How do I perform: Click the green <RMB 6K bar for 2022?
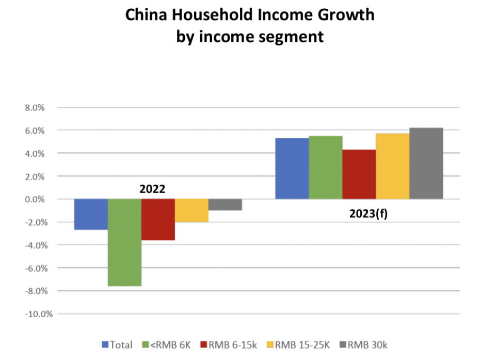[124, 242]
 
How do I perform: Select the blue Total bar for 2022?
[91, 214]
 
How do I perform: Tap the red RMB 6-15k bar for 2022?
[158, 219]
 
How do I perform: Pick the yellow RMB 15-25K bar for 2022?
[191, 210]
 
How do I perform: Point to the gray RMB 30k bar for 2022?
[225, 205]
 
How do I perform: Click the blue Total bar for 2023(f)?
[292, 168]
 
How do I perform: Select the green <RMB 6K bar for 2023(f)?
[326, 167]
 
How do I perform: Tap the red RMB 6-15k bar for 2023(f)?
[359, 174]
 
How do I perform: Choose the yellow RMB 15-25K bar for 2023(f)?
[393, 166]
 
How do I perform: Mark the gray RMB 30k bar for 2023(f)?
[426, 163]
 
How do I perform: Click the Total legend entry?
[118, 345]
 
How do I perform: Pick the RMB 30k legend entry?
[367, 345]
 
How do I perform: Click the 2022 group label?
[152, 189]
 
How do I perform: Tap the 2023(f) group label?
[368, 212]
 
